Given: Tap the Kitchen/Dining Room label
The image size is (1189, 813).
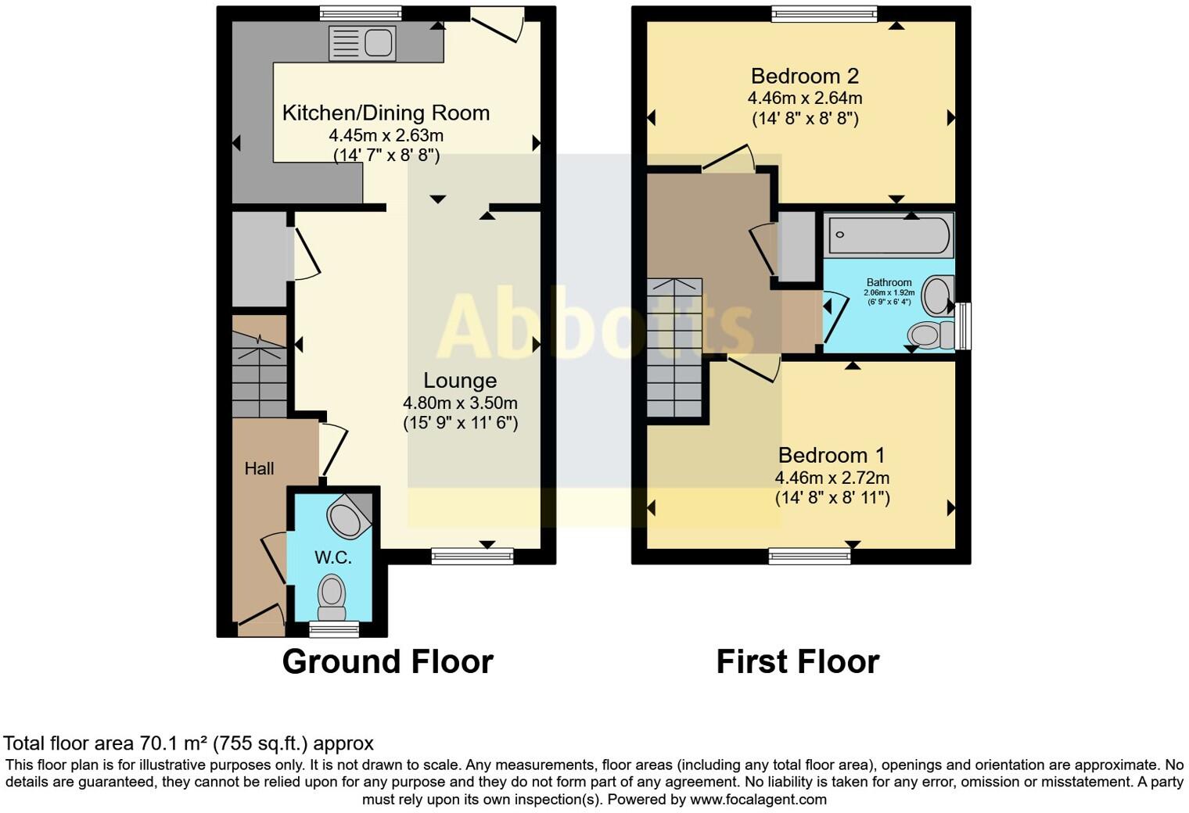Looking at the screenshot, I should (x=386, y=113).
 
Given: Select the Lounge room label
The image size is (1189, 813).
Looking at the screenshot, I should (x=460, y=381).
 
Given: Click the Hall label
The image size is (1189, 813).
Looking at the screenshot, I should (x=259, y=468).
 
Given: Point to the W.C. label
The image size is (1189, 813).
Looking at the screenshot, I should (x=332, y=557).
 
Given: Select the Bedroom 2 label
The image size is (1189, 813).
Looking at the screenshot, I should (x=804, y=76).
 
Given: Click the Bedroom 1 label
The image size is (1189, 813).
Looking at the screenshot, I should (x=832, y=455).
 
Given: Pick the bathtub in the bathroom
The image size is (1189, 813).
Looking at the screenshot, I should (x=889, y=235).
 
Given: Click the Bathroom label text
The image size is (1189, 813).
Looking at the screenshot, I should (x=889, y=282).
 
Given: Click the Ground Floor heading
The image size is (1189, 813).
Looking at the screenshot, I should (x=387, y=661).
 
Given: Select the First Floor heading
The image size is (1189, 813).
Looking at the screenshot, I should (x=797, y=661).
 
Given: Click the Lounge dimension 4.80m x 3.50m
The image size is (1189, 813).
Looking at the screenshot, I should (x=460, y=403).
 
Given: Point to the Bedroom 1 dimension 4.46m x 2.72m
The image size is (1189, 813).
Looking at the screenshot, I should (x=832, y=478).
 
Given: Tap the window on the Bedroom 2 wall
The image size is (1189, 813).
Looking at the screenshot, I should (x=824, y=13).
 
